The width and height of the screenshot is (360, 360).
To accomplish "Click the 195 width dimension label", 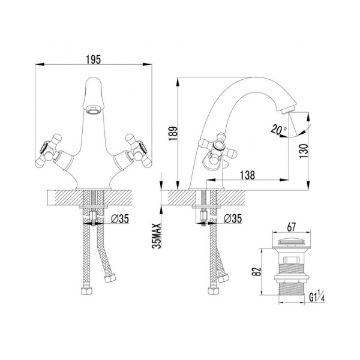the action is coord(93,59).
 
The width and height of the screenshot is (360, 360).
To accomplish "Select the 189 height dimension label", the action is coord(173,133).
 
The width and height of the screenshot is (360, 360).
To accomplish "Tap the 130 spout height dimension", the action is coord(303,151).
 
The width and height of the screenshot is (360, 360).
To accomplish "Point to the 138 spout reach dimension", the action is coord(247,175).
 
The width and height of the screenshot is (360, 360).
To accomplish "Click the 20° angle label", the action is coord(278,130).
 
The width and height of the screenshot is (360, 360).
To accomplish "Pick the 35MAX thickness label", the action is coord(157,236).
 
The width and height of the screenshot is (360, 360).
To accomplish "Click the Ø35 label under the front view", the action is coord(120,218).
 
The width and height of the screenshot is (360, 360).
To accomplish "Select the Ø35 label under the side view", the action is coord(233,218).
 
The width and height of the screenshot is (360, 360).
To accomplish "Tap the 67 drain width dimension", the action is coord(291,227).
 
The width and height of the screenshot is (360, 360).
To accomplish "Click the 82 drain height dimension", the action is coord(257,272).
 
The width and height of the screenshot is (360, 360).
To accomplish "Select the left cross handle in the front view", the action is coord(49,151).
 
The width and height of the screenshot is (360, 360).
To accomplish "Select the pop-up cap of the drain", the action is coord(291,242).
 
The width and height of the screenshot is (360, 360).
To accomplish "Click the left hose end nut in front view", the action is coord(86,290).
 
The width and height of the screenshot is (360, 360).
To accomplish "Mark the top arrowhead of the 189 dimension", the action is coord(178,82).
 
